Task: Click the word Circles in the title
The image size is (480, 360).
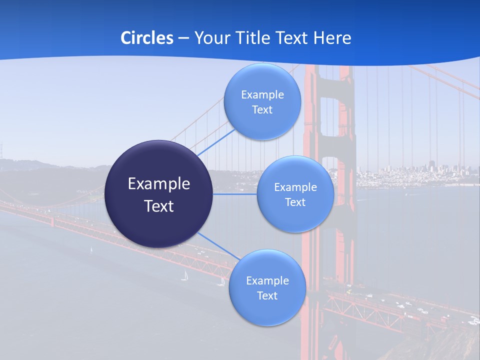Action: click(x=146, y=38)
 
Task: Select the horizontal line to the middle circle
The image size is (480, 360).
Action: click(x=235, y=194)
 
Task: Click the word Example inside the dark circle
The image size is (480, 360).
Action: click(x=159, y=184)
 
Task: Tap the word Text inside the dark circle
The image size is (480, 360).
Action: click(x=159, y=206)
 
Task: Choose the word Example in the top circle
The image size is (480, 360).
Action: click(x=262, y=95)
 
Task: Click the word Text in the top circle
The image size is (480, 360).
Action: click(x=262, y=110)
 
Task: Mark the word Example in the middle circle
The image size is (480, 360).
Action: click(x=295, y=187)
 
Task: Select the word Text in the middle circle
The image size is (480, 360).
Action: click(x=295, y=202)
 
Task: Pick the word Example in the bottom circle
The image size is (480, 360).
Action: click(x=267, y=281)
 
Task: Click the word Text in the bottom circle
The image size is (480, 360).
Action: click(x=267, y=296)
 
